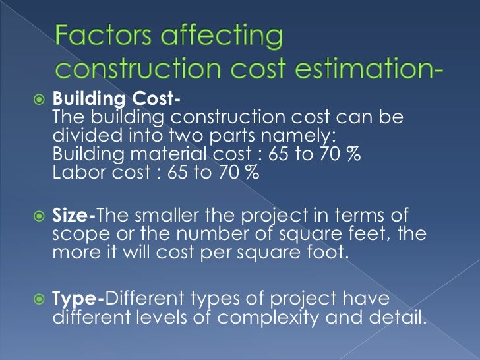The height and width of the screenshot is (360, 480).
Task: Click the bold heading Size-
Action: click(74, 216)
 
